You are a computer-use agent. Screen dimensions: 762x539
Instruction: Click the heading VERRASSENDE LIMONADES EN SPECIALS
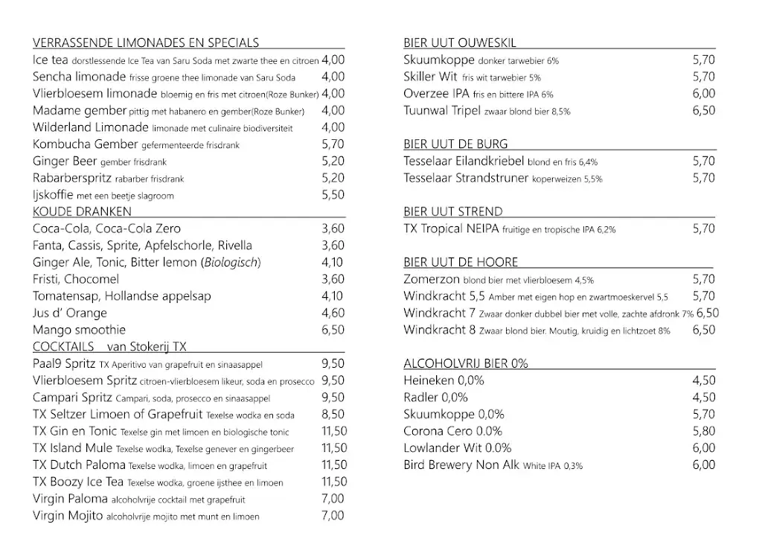[146, 43]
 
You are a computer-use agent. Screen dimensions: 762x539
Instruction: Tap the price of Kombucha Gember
[333, 144]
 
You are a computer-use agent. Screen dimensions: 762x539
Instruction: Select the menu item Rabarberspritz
[72, 178]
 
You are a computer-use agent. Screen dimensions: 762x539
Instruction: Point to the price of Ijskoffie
[333, 195]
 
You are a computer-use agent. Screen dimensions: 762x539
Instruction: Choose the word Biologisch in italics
[230, 262]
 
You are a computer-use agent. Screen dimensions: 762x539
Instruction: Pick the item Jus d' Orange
[70, 313]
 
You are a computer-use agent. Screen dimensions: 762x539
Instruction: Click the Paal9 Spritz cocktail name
[64, 364]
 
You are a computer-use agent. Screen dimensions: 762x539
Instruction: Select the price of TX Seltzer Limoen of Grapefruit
[333, 415]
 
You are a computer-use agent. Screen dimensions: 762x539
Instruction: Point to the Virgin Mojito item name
[68, 516]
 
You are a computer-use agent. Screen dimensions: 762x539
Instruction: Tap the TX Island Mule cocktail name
[73, 448]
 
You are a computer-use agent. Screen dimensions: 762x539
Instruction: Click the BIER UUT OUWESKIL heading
[459, 43]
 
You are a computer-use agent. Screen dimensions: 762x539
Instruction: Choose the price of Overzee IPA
[703, 94]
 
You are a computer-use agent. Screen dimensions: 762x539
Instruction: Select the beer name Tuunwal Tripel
[442, 111]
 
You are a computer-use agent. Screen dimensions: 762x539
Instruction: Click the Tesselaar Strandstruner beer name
[466, 178]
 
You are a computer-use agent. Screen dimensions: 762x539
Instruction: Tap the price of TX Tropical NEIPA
[703, 229]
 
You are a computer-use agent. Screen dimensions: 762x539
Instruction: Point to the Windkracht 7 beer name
[439, 313]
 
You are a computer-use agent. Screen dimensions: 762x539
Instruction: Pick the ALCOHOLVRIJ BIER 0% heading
[465, 364]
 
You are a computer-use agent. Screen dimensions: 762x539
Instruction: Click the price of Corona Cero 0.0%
[703, 431]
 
